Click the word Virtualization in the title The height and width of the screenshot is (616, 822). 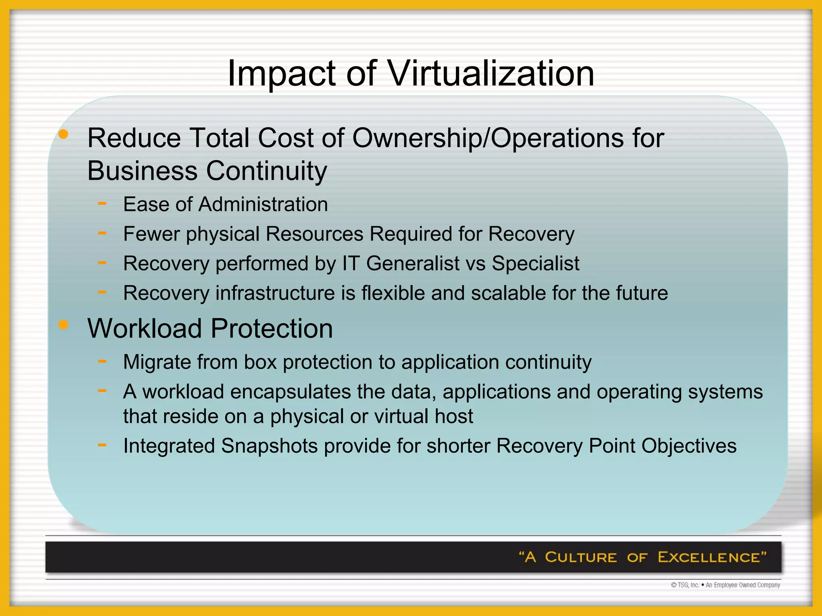(491, 73)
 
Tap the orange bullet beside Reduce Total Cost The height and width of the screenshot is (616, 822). (63, 135)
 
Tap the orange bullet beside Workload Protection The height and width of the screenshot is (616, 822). (63, 324)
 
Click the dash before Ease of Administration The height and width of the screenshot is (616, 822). (102, 203)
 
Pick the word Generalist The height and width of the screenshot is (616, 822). (413, 264)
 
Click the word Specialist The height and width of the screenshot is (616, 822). (535, 264)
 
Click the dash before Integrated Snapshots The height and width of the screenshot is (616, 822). (102, 445)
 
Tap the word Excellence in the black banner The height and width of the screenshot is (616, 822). (708, 557)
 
